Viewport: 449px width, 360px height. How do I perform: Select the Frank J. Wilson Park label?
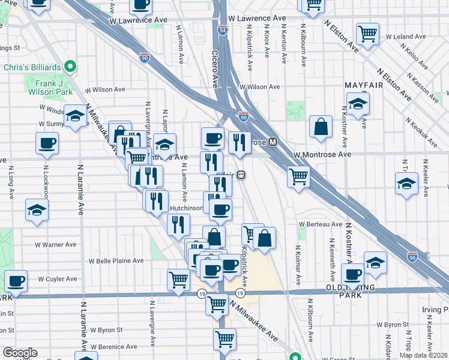(53, 84)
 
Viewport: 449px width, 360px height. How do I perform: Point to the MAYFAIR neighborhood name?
(364, 86)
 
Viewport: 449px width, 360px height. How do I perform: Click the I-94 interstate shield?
(222, 30)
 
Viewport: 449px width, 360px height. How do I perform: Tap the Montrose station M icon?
(273, 142)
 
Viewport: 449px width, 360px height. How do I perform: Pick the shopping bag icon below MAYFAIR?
(321, 127)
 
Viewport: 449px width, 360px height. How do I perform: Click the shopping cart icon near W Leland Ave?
(367, 34)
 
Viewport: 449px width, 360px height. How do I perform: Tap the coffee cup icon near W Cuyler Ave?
(16, 281)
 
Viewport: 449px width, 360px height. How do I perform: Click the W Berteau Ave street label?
(320, 224)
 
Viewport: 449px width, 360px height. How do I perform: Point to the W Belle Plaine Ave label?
(116, 261)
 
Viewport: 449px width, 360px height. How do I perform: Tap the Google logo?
(20, 353)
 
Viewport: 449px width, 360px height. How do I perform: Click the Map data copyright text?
(423, 355)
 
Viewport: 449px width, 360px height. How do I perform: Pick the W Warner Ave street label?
(55, 245)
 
